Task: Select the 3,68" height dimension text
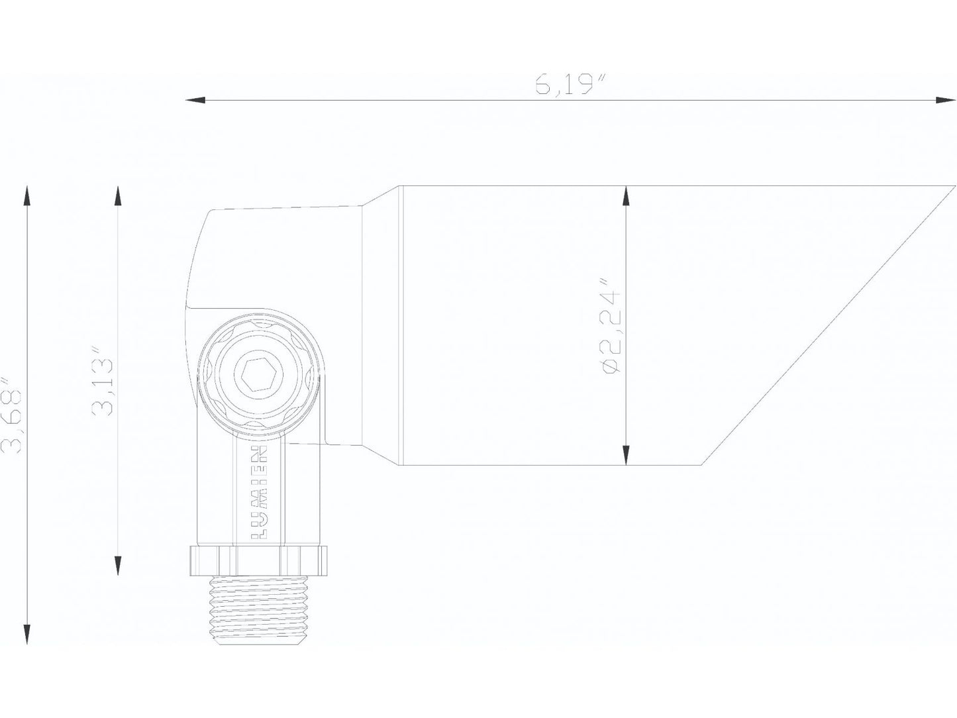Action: pos(13,415)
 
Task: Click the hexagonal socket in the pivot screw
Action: pos(255,376)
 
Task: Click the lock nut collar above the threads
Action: pos(259,560)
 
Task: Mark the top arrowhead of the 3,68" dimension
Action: pos(26,195)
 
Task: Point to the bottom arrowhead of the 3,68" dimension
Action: pos(26,635)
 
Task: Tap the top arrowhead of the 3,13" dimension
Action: pos(118,195)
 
